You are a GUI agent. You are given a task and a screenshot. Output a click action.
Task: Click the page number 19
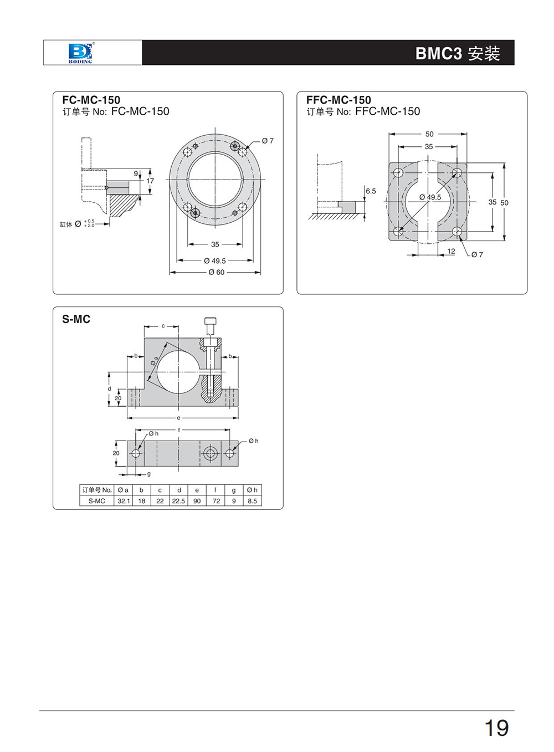496,728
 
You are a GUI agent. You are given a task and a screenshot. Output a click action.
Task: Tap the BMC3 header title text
457,53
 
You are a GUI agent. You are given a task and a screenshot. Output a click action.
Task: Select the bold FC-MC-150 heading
91,100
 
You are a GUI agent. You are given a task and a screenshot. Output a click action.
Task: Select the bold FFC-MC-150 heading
338,100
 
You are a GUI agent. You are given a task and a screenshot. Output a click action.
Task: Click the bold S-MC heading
76,319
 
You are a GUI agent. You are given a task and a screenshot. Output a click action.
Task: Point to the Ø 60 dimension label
217,273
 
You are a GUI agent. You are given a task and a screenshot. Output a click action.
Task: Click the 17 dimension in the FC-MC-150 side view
150,181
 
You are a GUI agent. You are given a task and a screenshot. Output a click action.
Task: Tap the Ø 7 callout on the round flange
268,141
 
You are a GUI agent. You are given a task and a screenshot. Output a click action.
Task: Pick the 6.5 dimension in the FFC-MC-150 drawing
371,191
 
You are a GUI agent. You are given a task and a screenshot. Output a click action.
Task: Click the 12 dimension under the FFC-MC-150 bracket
451,252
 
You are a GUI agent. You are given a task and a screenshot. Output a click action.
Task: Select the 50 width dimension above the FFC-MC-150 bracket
429,134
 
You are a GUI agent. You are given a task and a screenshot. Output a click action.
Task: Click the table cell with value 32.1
123,501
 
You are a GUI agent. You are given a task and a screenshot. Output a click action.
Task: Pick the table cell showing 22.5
178,501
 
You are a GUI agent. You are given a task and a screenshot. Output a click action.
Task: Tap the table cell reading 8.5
252,501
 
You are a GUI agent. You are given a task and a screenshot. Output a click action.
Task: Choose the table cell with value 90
197,501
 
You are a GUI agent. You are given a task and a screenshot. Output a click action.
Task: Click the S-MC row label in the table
96,501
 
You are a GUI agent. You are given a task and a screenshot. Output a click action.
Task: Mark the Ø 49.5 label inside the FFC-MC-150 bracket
430,197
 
